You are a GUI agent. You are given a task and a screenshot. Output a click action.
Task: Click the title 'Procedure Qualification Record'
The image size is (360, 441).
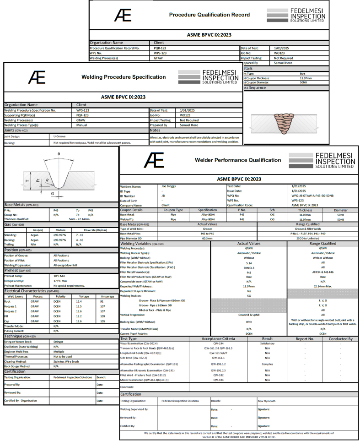(x=210, y=15)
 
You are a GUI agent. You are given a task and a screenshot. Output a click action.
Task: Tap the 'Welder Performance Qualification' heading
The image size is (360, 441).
(x=238, y=160)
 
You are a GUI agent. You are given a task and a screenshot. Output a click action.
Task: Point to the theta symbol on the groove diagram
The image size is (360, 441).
(x=59, y=154)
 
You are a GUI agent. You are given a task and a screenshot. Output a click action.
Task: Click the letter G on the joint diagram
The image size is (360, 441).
(x=53, y=193)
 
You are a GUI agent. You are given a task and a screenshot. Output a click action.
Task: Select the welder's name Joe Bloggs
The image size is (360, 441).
(x=170, y=186)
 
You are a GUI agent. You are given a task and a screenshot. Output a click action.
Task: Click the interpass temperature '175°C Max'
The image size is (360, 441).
(x=62, y=281)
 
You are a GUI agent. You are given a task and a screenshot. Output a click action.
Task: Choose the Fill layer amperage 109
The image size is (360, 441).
(x=102, y=316)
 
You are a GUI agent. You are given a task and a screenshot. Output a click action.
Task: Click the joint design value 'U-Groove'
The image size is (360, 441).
(x=60, y=136)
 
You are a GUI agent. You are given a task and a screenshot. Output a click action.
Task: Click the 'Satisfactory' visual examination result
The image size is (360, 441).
(x=267, y=343)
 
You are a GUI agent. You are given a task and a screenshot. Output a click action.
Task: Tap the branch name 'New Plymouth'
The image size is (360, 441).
(x=267, y=401)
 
